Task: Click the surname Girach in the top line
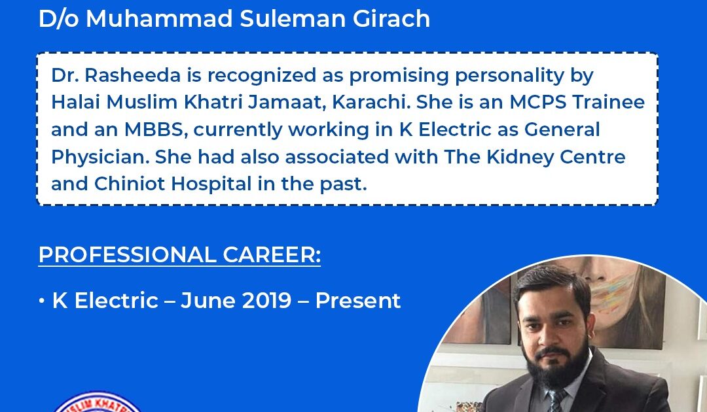point(391,18)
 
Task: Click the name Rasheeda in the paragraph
point(132,75)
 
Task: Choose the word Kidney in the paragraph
point(520,157)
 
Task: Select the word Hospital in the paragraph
point(211,184)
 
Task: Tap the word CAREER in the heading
point(272,255)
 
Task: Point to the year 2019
point(267,300)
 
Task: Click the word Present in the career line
point(358,300)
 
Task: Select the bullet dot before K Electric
point(42,301)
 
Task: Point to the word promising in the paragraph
point(399,76)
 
